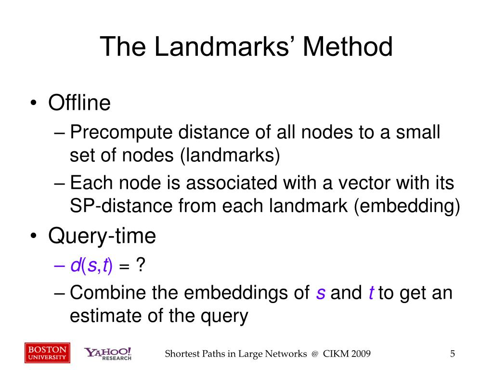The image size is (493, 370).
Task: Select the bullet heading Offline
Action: pos(79,103)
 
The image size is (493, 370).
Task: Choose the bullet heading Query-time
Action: pos(102,236)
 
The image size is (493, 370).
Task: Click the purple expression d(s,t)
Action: pos(91,265)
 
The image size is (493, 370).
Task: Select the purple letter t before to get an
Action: pos(371,293)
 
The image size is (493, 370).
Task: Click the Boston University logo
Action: pos(47,353)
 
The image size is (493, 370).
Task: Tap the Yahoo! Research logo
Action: pos(108,354)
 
